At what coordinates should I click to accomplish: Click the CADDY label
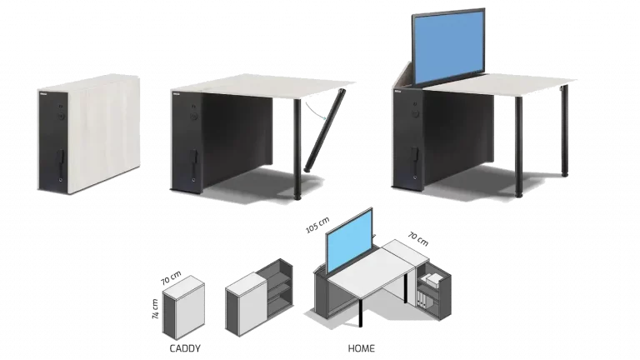click(185, 348)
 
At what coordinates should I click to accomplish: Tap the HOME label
click(361, 348)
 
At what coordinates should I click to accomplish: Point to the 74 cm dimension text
click(155, 309)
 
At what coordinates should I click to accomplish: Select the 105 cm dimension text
click(317, 225)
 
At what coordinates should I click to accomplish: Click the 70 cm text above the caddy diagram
click(171, 278)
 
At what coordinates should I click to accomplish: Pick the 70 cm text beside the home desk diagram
click(418, 239)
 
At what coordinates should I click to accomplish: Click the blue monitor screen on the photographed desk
click(448, 47)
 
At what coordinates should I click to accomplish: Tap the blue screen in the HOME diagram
click(349, 241)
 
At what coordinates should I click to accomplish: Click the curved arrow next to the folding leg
click(316, 110)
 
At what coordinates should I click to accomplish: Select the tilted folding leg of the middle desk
click(325, 130)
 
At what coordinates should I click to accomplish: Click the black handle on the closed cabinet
click(60, 158)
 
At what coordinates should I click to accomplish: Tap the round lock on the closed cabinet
click(61, 117)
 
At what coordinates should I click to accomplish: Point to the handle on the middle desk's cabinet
click(193, 157)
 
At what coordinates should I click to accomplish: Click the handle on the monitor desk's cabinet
click(414, 155)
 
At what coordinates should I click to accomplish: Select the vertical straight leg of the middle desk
click(297, 149)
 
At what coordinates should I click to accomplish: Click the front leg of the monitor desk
click(518, 147)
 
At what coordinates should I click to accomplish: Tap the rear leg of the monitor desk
click(564, 131)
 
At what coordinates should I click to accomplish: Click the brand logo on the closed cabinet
click(44, 95)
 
